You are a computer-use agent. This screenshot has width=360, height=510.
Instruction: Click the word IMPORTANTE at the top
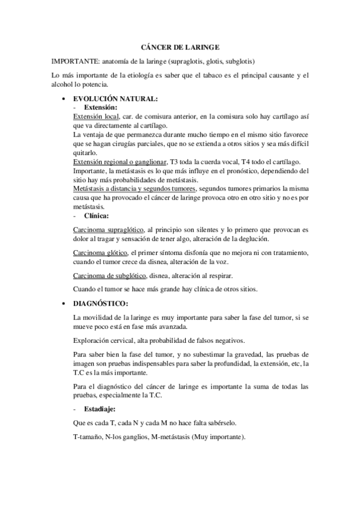click(x=75, y=61)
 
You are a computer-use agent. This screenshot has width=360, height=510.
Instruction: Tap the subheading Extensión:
click(x=100, y=106)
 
